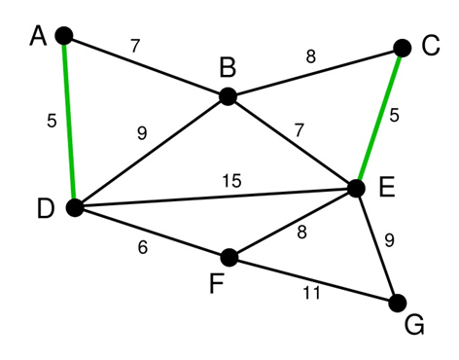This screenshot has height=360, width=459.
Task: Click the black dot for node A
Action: pyautogui.click(x=64, y=36)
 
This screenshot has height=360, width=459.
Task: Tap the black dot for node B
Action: pyautogui.click(x=228, y=95)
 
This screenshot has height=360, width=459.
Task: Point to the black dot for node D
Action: pyautogui.click(x=73, y=207)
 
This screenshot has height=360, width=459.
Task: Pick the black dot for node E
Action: pyautogui.click(x=356, y=188)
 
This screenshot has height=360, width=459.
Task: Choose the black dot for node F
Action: pyautogui.click(x=229, y=258)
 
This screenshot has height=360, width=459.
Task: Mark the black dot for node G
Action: pyautogui.click(x=397, y=303)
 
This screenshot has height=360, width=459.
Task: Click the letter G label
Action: pyautogui.click(x=414, y=326)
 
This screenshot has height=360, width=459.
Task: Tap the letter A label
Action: pyautogui.click(x=39, y=36)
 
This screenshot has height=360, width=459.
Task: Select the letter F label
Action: pyautogui.click(x=217, y=286)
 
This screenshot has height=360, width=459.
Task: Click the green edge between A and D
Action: pyautogui.click(x=68, y=122)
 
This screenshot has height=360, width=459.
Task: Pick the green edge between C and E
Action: pyautogui.click(x=380, y=117)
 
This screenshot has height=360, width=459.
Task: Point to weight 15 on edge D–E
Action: pyautogui.click(x=230, y=180)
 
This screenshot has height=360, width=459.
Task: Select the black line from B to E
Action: pyautogui.click(x=292, y=142)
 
